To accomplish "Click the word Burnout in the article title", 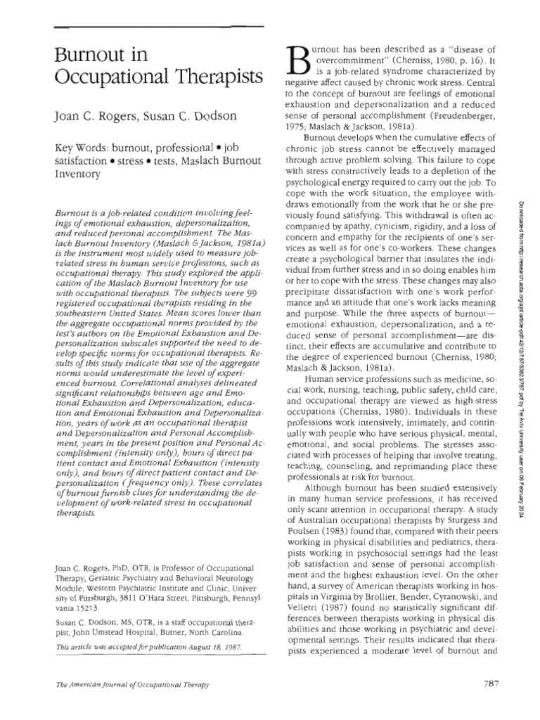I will [84, 56].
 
